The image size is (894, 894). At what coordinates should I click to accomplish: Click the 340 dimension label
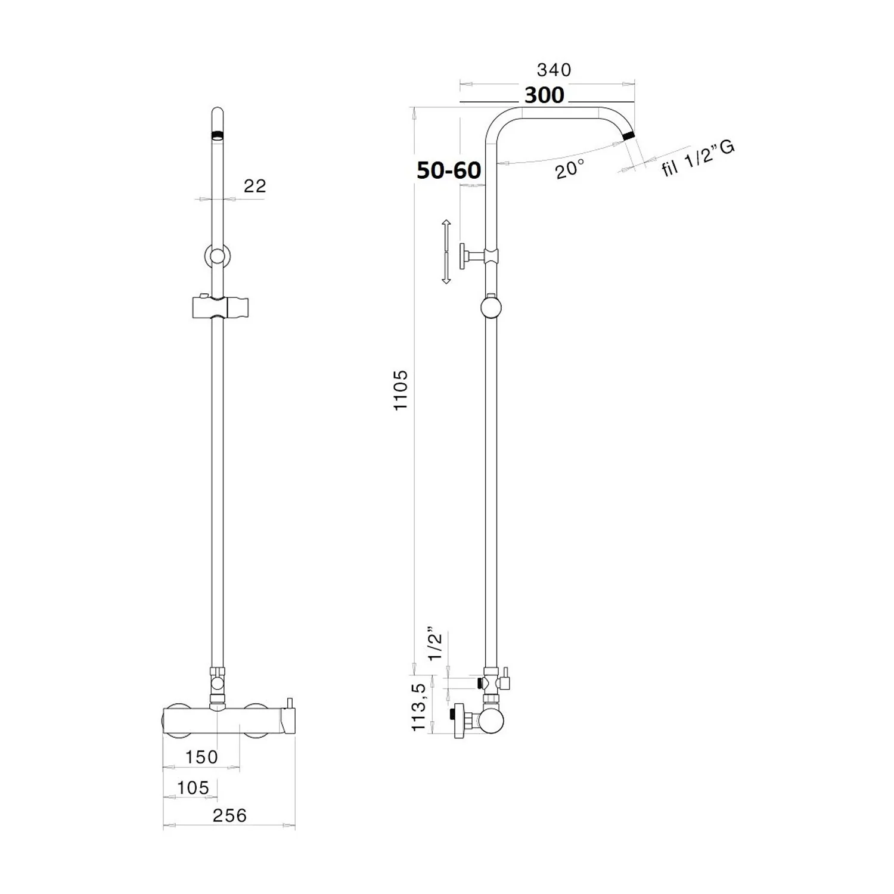[554, 70]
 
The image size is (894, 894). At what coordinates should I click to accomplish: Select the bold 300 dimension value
[544, 95]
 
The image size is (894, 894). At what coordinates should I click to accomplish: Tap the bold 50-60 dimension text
[449, 170]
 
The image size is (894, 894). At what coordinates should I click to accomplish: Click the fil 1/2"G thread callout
[697, 158]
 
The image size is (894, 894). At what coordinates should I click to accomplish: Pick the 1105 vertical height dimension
[401, 390]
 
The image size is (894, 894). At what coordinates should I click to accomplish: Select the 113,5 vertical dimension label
[420, 707]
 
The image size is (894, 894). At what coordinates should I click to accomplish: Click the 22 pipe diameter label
[254, 186]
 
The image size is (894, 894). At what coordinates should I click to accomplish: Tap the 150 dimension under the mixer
[201, 757]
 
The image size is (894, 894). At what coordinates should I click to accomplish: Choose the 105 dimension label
[193, 788]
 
